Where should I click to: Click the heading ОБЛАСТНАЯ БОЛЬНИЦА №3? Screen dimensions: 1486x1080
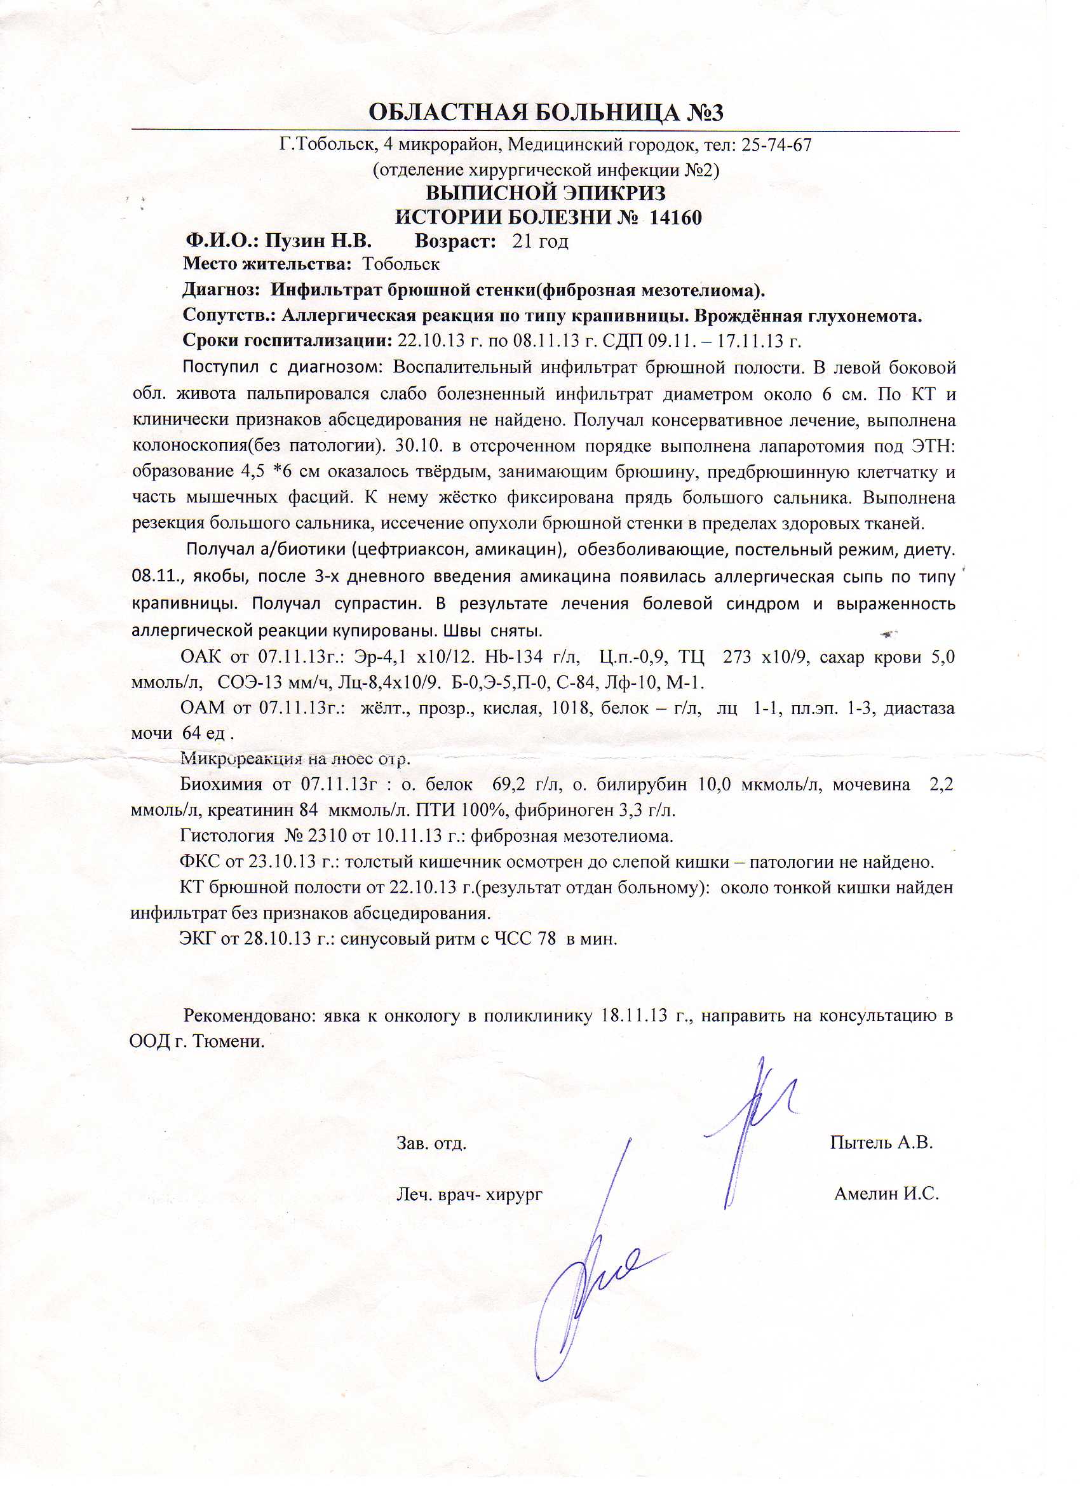(x=545, y=112)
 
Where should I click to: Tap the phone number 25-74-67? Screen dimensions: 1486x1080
(x=776, y=145)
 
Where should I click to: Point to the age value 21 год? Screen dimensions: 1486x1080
(x=540, y=242)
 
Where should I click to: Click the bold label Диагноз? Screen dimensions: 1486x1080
(x=222, y=290)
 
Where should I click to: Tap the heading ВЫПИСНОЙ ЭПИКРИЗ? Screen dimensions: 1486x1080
(x=545, y=193)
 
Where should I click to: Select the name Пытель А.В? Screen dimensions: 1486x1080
(x=881, y=1142)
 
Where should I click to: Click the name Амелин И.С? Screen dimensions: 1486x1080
(x=886, y=1193)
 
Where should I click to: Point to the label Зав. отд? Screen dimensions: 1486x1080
(x=431, y=1144)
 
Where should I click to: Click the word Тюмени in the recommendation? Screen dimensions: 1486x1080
(x=229, y=1042)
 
